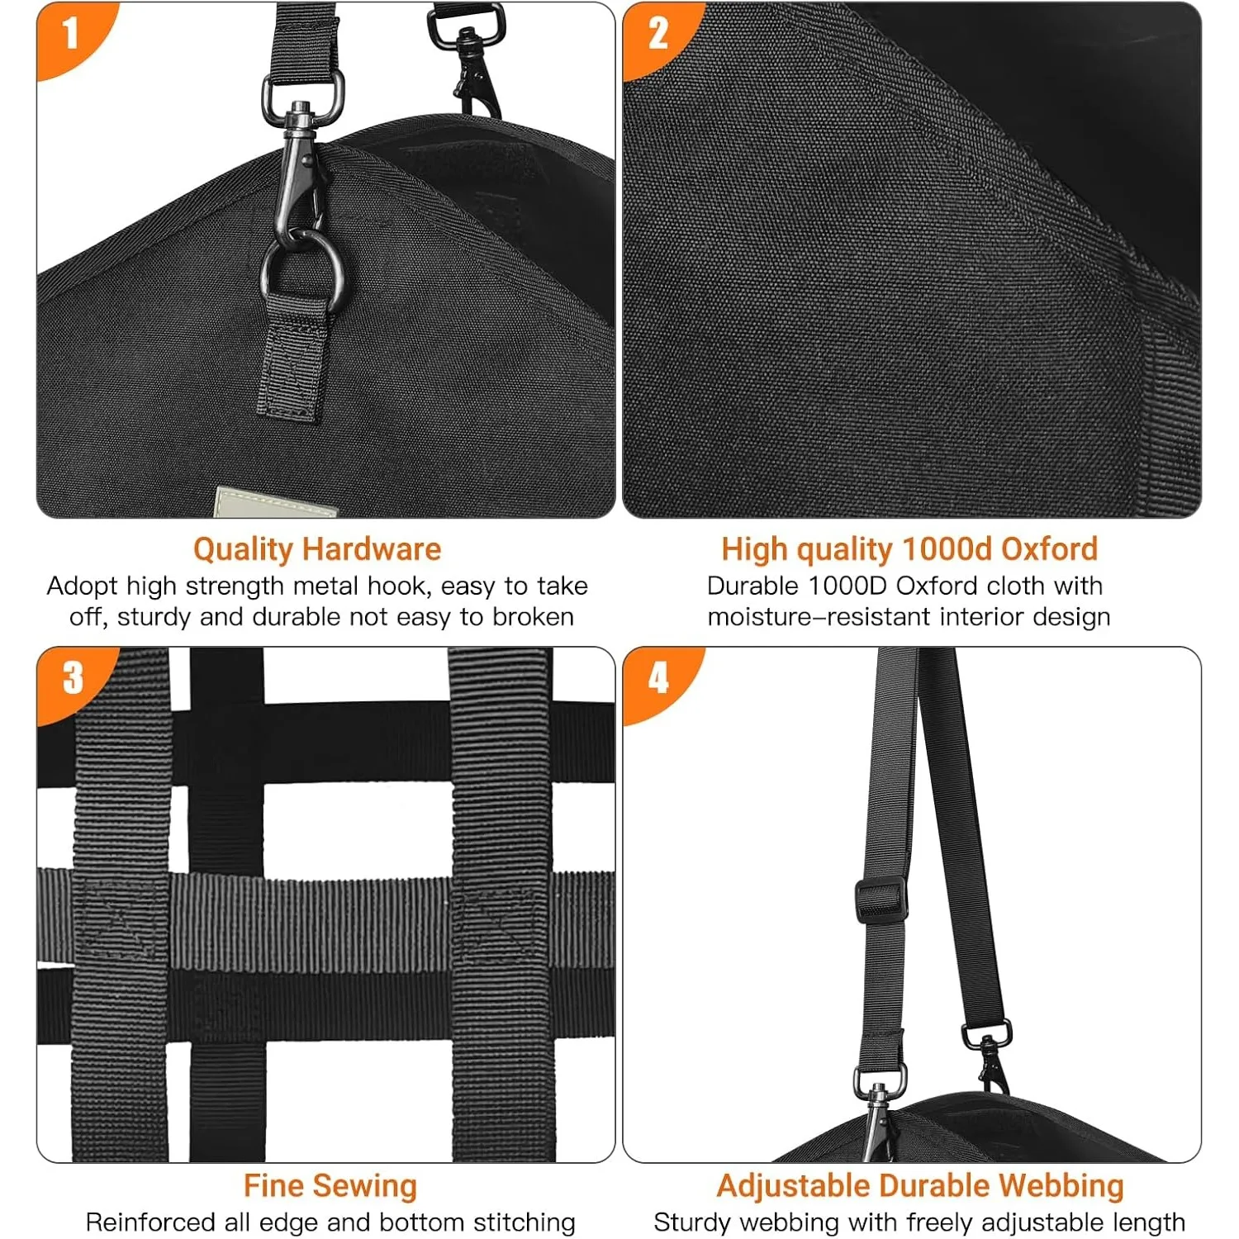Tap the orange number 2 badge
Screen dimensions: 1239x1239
tap(658, 35)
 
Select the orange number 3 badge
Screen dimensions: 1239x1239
tap(73, 679)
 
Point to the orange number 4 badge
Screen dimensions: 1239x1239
tap(658, 679)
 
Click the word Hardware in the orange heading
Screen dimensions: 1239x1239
tap(371, 549)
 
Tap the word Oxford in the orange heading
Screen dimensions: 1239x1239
tap(1049, 549)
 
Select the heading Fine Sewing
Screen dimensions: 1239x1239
tap(330, 1186)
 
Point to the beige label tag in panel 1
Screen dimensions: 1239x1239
tap(275, 502)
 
